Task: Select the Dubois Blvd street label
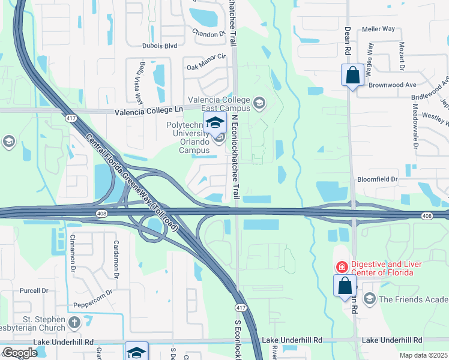(143, 45)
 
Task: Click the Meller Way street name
(378, 28)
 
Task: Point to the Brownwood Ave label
(393, 85)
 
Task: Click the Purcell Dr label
(33, 290)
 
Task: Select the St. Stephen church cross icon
(74, 323)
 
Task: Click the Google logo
(19, 352)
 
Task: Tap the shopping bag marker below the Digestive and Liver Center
(345, 286)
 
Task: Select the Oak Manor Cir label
(205, 57)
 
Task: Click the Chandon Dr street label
(208, 34)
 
